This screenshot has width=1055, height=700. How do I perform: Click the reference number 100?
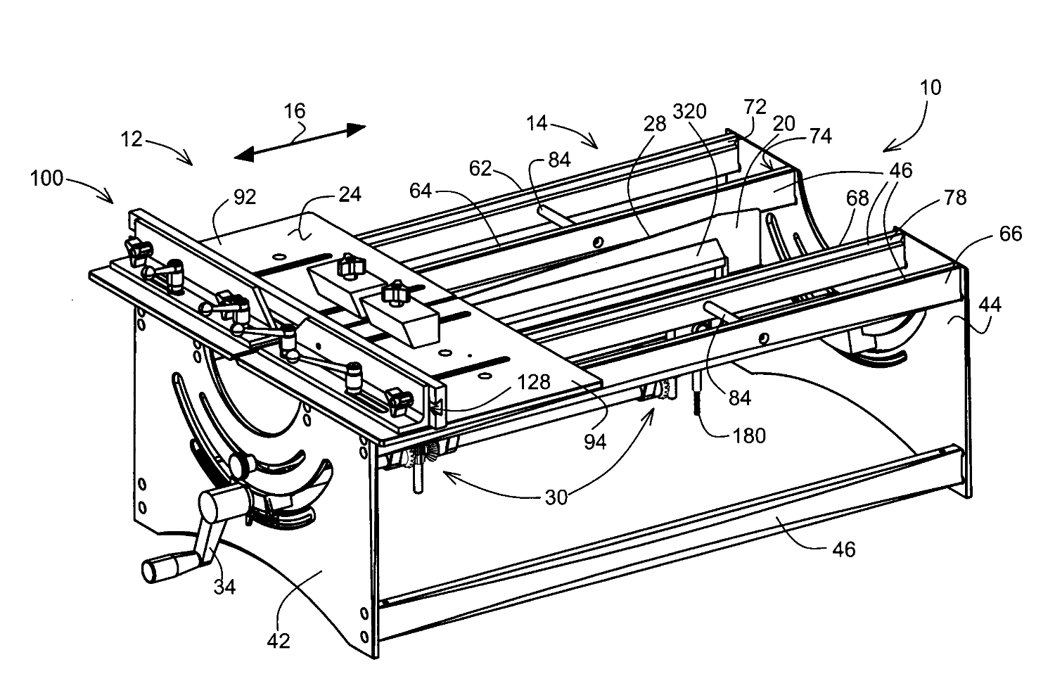(48, 179)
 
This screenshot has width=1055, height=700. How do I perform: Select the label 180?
(748, 435)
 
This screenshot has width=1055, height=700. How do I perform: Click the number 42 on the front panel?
(279, 641)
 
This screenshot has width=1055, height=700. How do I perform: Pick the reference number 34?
(225, 586)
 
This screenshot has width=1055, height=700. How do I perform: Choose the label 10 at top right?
(930, 89)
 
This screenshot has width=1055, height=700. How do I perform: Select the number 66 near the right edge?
(1010, 234)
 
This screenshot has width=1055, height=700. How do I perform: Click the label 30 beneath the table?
(556, 497)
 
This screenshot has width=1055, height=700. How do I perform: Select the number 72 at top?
(755, 108)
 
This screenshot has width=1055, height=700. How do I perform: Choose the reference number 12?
(132, 139)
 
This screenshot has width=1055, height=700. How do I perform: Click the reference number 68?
(857, 200)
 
